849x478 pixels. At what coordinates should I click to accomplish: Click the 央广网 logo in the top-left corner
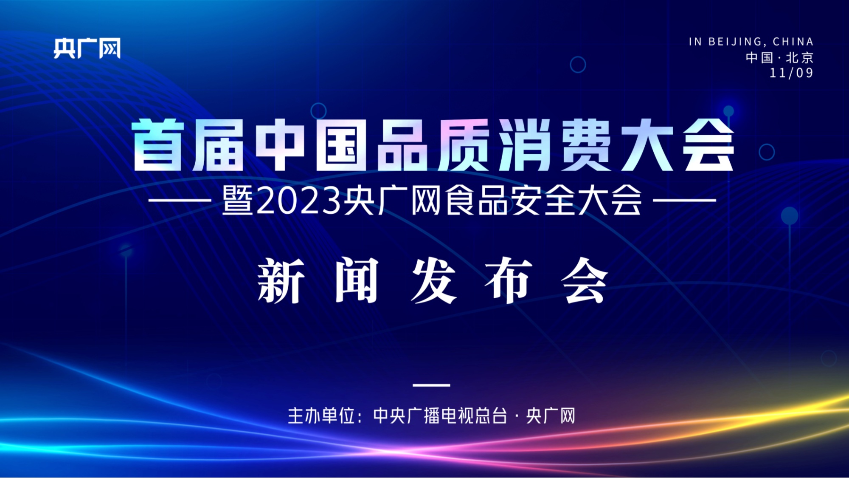87,48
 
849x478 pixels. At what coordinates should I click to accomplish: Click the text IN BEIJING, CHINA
751,42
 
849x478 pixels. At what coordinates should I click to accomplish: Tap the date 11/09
791,73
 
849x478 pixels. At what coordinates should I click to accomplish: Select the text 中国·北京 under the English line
779,57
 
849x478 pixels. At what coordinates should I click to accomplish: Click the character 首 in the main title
158,145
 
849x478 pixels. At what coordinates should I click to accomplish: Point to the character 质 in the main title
464,145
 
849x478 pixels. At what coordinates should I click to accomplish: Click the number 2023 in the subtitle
299,201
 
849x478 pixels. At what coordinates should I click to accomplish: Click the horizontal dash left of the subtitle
180,200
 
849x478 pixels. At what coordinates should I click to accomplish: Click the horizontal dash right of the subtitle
684,200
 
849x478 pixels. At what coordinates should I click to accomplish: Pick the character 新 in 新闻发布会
281,280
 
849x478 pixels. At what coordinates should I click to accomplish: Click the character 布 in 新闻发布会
509,280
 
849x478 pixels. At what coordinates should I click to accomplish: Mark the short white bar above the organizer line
431,385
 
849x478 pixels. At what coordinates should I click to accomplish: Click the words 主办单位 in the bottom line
321,416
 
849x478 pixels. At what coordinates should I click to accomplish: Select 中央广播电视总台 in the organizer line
440,416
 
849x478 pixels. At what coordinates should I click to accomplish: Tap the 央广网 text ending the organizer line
551,416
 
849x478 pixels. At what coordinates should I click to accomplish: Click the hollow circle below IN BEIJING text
578,57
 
